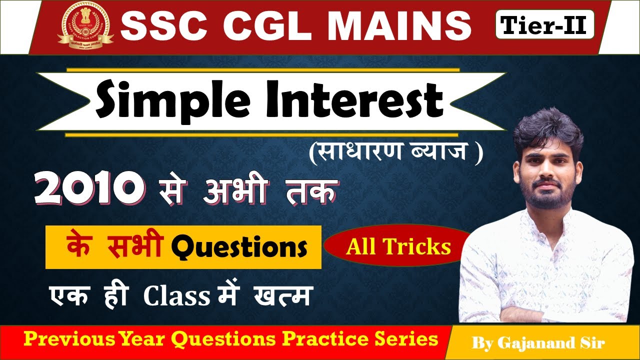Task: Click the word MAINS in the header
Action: click(389, 26)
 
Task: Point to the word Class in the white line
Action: click(176, 296)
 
